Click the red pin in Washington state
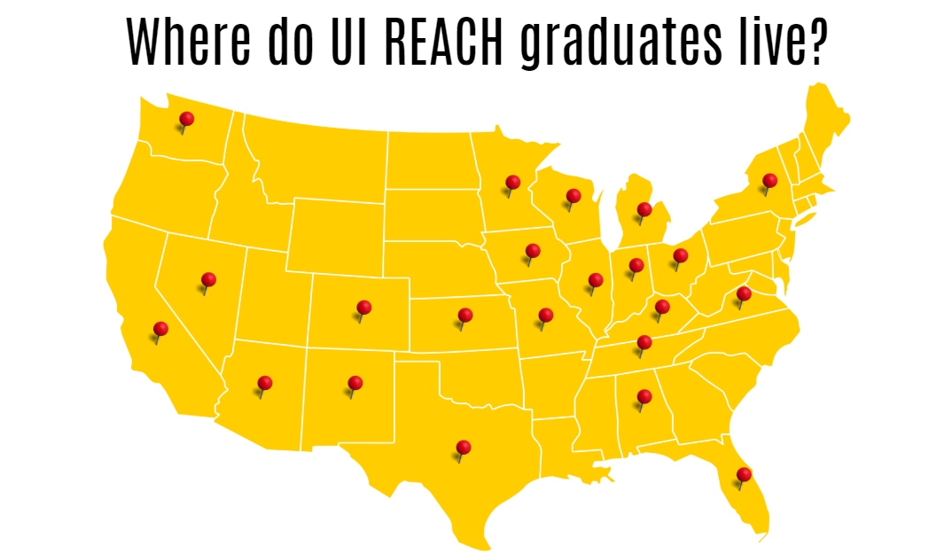click(186, 119)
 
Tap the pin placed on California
click(160, 329)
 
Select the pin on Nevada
click(208, 279)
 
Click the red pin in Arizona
click(264, 383)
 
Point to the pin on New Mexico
click(355, 383)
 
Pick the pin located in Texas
click(463, 447)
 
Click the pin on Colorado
click(363, 308)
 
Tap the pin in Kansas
click(464, 315)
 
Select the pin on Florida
click(744, 474)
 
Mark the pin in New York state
click(769, 180)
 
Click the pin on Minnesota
click(512, 183)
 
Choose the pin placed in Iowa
click(533, 251)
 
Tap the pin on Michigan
click(644, 210)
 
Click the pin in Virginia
click(744, 293)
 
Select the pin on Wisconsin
click(574, 196)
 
